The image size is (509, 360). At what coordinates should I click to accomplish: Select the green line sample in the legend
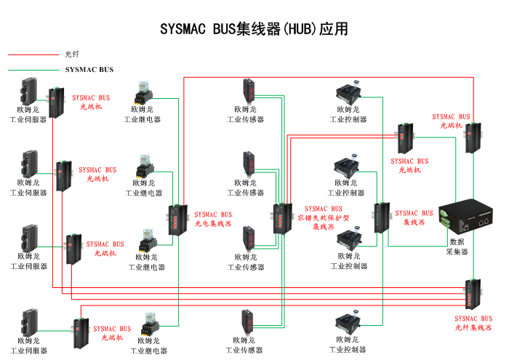[x=33, y=71]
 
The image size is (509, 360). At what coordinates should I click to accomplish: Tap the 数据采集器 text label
[x=457, y=247]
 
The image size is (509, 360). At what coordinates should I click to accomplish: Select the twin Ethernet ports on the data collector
[x=484, y=221]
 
